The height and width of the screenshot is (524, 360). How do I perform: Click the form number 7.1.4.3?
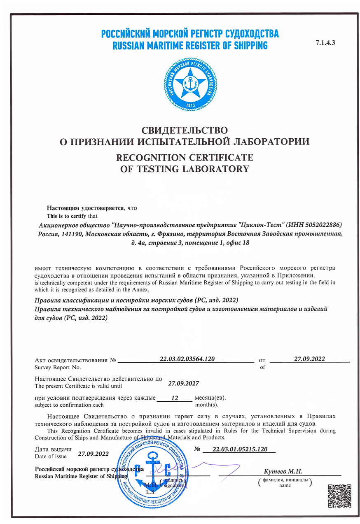click(x=325, y=43)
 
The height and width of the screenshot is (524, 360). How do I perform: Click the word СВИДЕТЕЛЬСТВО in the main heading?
click(x=185, y=131)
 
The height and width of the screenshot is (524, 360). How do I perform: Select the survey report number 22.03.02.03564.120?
click(x=187, y=359)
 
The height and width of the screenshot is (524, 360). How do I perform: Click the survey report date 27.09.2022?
click(x=309, y=359)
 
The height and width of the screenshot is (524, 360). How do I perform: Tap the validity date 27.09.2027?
click(x=184, y=384)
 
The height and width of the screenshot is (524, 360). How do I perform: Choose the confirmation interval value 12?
click(x=174, y=398)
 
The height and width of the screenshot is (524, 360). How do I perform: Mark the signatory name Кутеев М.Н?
click(x=283, y=471)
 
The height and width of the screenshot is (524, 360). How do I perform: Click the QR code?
click(x=339, y=497)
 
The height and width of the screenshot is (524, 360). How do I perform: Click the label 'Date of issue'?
click(x=51, y=456)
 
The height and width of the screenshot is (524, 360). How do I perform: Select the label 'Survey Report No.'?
click(x=58, y=367)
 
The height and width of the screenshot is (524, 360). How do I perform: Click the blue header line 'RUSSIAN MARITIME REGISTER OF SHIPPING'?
click(x=190, y=45)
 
